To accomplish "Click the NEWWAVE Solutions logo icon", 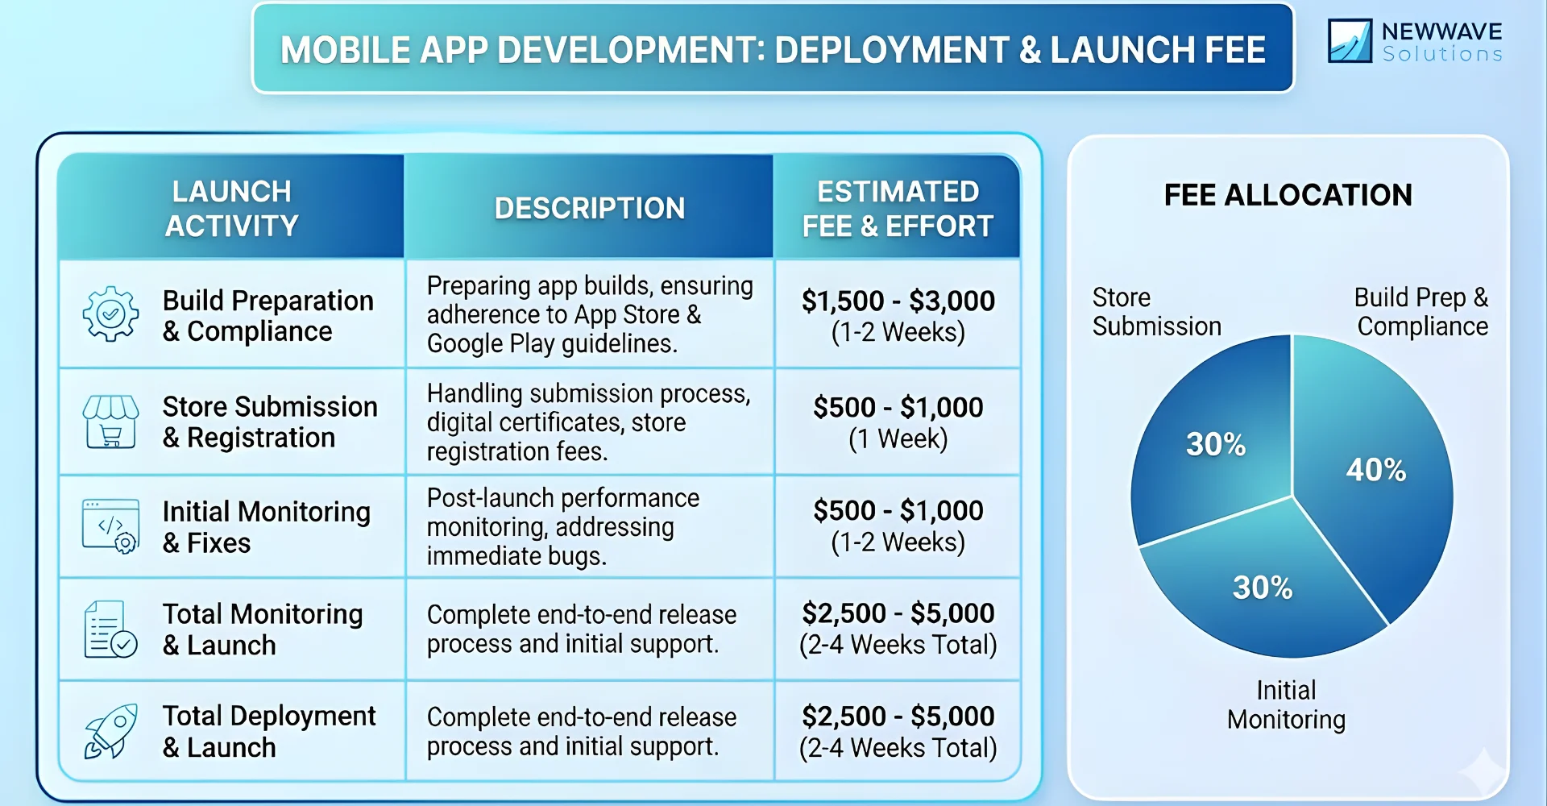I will click(x=1350, y=41).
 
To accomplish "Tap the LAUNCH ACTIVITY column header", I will click(x=231, y=208).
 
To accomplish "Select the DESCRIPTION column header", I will click(x=589, y=208).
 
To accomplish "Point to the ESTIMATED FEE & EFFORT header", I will click(x=898, y=208).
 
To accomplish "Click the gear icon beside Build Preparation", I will click(x=110, y=314).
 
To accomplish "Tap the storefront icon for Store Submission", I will click(x=110, y=422).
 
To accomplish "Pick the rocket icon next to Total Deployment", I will click(x=110, y=732).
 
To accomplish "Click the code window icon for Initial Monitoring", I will click(x=110, y=526).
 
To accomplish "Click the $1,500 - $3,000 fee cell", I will click(x=898, y=315).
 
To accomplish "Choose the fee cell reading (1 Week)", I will click(x=898, y=422).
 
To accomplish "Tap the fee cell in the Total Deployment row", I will click(x=898, y=731).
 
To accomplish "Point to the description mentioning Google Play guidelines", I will click(x=589, y=314).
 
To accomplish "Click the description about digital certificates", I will click(x=589, y=422).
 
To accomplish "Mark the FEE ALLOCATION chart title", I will click(x=1288, y=195).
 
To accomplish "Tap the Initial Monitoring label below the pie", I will click(x=1286, y=704).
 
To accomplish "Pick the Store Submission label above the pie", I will click(x=1156, y=312).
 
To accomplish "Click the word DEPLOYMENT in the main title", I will click(x=891, y=50).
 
